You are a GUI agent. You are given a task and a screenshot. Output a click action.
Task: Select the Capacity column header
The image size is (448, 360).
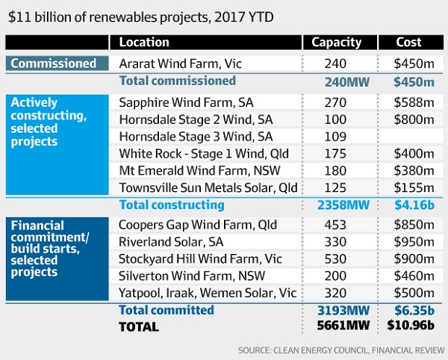pos(336,43)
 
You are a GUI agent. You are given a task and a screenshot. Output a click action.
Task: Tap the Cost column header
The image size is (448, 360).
pos(409,43)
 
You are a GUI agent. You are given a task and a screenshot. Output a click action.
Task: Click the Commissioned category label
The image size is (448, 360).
pos(54,63)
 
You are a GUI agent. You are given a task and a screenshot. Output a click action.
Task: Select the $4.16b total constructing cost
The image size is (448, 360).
pos(409,205)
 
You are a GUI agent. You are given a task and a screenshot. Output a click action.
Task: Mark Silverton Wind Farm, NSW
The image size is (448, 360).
pos(182,276)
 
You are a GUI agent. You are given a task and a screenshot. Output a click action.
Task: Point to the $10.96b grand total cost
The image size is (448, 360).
pos(409,326)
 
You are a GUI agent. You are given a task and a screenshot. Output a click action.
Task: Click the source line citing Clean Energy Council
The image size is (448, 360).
pos(341,350)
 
